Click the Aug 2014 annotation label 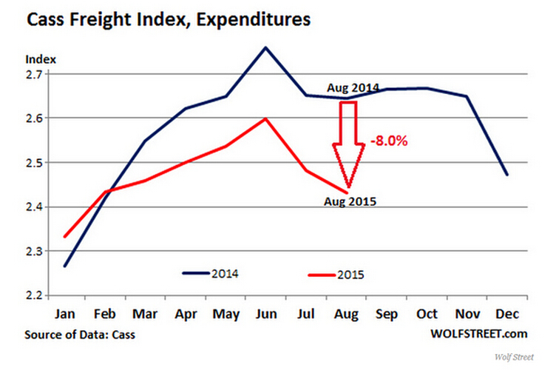pyautogui.click(x=353, y=88)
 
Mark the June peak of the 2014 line pyautogui.click(x=265, y=47)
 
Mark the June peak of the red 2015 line pyautogui.click(x=265, y=118)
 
